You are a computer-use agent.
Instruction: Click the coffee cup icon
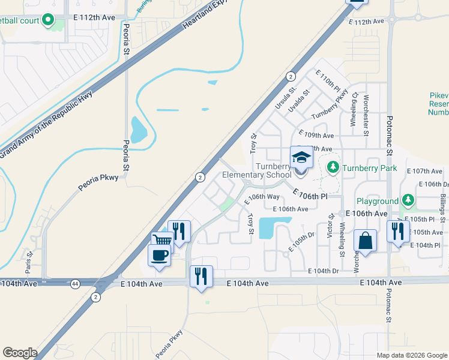pos(160,256)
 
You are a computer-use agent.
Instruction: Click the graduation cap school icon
pos(301,158)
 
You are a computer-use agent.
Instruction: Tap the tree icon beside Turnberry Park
pos(333,166)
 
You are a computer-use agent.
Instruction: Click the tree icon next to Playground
pos(408,199)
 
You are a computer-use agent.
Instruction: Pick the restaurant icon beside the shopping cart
pos(179,230)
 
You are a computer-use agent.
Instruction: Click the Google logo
pos(20,352)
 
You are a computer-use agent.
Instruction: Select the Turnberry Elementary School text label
pos(257,171)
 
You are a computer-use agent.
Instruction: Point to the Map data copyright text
pos(411,354)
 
